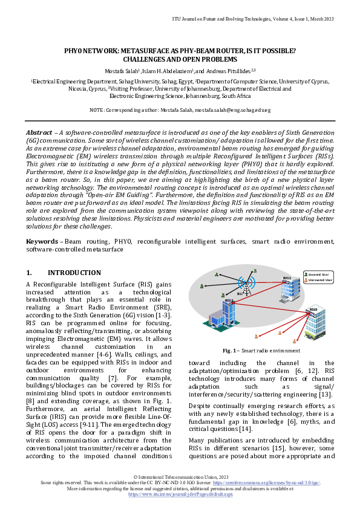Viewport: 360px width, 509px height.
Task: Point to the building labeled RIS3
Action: coord(313,321)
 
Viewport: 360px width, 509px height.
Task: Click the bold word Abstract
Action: coord(39,132)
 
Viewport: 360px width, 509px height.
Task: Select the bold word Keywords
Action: coord(42,241)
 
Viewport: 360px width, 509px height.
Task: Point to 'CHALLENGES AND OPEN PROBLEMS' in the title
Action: coord(180,60)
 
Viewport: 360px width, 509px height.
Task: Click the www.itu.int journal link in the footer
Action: coord(180,493)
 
